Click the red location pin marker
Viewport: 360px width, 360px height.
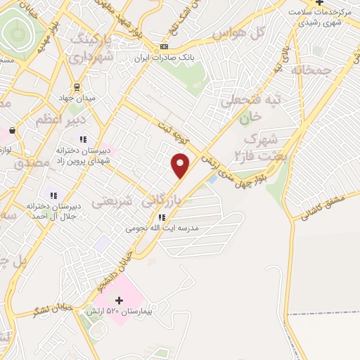[181, 165]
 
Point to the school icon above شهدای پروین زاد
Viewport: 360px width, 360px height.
[83, 139]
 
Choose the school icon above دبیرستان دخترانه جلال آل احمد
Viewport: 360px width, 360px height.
[52, 195]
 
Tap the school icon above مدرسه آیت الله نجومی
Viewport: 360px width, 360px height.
[162, 217]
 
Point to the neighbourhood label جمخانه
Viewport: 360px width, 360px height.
[311, 70]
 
